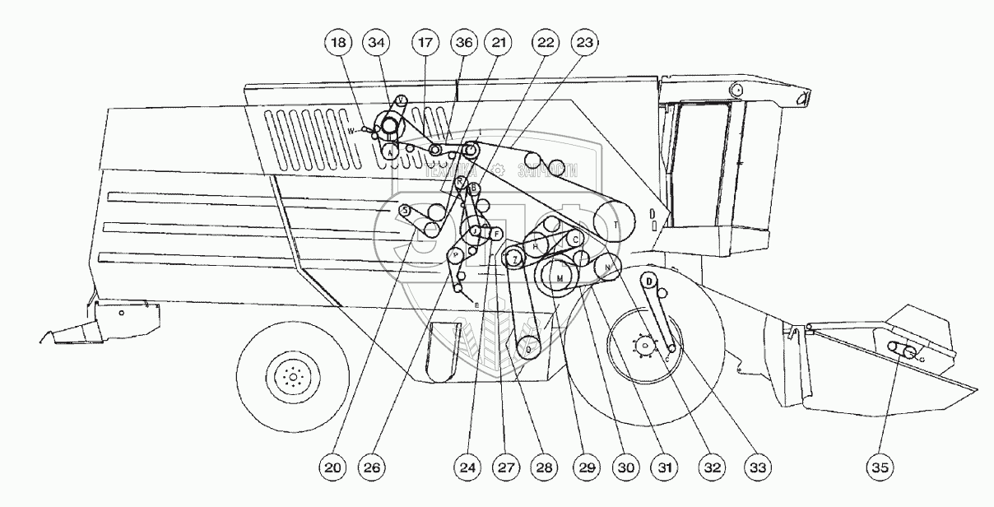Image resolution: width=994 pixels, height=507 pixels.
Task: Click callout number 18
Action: pyautogui.click(x=338, y=41)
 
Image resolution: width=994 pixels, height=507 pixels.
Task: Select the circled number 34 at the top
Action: pyautogui.click(x=379, y=41)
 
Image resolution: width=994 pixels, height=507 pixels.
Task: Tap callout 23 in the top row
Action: pyautogui.click(x=584, y=41)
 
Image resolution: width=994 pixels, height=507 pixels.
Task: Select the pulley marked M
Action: pyautogui.click(x=560, y=278)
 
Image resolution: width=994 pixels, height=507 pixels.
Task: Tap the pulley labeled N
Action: pyautogui.click(x=607, y=267)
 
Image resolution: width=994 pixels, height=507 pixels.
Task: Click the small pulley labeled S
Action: pyautogui.click(x=405, y=211)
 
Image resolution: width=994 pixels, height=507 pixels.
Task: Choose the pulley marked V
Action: pyautogui.click(x=400, y=100)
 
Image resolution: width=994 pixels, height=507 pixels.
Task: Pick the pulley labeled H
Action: pyautogui.click(x=536, y=246)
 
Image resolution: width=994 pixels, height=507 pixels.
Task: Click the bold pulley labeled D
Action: pyautogui.click(x=648, y=281)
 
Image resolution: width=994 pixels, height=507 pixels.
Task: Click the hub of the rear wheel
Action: pyautogui.click(x=290, y=377)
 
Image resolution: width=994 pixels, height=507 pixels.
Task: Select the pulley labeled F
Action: pyautogui.click(x=496, y=234)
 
